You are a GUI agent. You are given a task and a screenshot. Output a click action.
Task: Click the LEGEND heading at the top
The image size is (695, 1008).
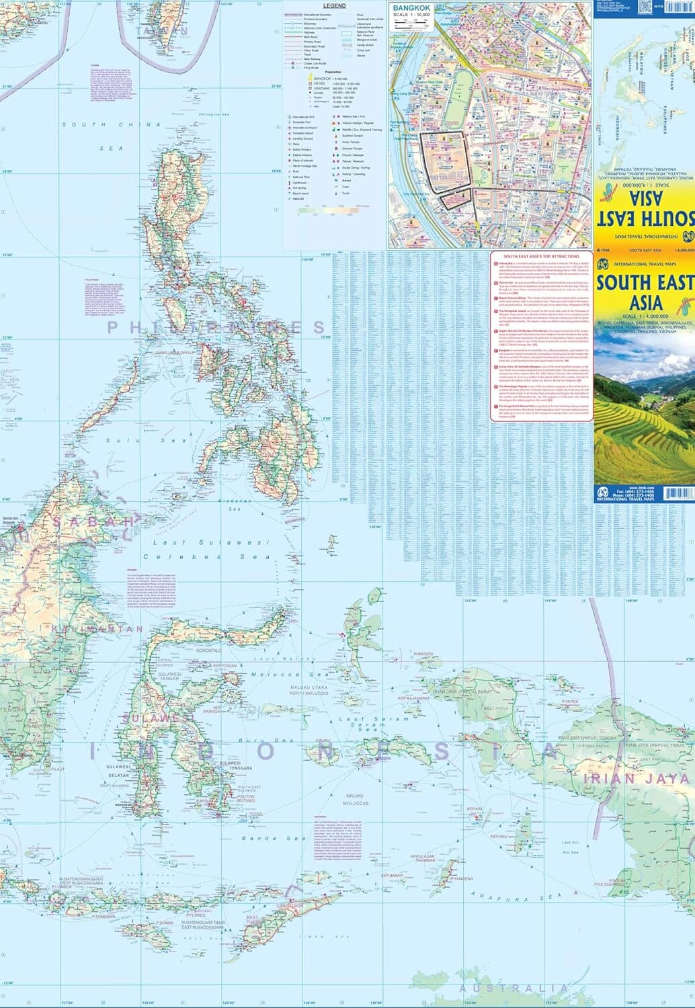tap(335, 6)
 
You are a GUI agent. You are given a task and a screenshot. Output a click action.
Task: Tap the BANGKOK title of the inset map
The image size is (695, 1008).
tap(410, 7)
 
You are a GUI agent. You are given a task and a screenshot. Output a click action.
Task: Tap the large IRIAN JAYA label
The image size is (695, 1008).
tap(637, 779)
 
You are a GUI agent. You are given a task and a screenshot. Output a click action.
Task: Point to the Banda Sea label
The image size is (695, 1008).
tap(272, 838)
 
